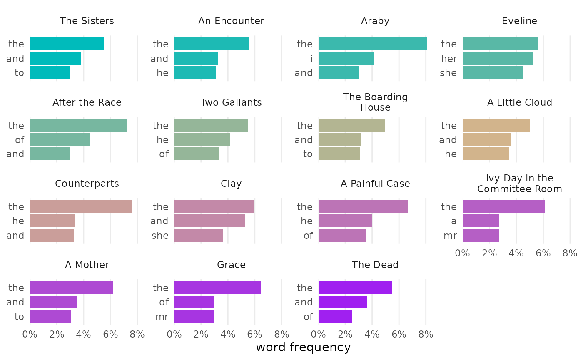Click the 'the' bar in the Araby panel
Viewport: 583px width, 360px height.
(x=373, y=44)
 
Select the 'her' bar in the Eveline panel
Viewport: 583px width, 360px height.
(x=498, y=59)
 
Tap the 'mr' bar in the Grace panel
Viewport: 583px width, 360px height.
(x=194, y=317)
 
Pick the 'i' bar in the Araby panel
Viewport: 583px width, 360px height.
(x=346, y=59)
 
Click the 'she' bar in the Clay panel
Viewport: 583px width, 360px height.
(x=199, y=236)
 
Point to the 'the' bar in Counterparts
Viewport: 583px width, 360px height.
(x=81, y=207)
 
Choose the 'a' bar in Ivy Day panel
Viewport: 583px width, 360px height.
(x=481, y=221)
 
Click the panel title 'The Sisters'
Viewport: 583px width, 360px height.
(x=87, y=21)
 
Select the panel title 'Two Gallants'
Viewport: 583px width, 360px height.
(x=231, y=102)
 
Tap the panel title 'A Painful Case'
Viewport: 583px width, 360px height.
(x=375, y=184)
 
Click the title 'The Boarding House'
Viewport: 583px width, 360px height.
(x=375, y=102)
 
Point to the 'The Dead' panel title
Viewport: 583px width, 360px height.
(x=375, y=265)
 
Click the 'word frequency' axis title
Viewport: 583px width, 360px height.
(x=303, y=347)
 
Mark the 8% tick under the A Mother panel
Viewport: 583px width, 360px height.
(x=137, y=334)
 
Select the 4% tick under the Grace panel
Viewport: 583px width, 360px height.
(x=228, y=334)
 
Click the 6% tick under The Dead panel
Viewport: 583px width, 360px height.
(x=399, y=334)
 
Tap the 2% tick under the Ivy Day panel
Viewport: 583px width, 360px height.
(x=489, y=253)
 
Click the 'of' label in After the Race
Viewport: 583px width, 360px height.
(x=20, y=140)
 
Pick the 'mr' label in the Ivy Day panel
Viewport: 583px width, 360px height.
(x=450, y=236)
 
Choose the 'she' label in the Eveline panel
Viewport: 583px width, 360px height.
(x=448, y=73)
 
